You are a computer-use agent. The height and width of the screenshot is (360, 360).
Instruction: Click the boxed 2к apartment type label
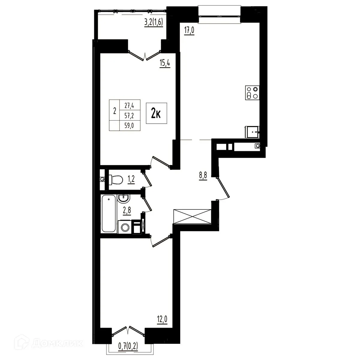[156, 113]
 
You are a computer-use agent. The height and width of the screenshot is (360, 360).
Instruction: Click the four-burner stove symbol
[252, 92]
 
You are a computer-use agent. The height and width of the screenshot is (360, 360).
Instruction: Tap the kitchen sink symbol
[253, 132]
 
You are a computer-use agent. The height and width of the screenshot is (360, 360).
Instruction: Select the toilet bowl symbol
[116, 179]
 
